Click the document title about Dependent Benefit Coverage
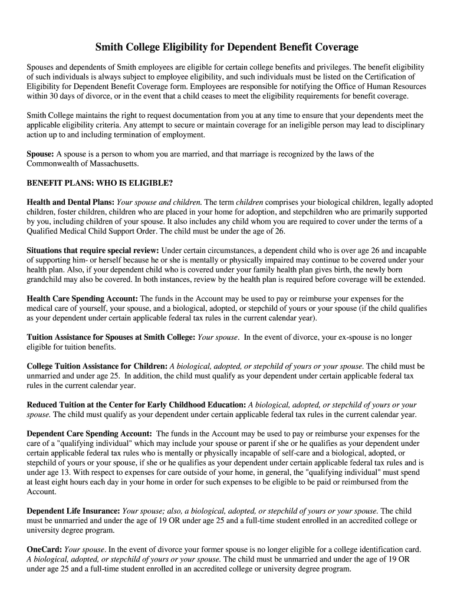pyautogui.click(x=227, y=47)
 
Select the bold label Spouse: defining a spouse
pyautogui.click(x=40, y=154)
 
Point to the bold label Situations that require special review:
pyautogui.click(x=93, y=250)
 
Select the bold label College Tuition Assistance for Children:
pyautogui.click(x=97, y=366)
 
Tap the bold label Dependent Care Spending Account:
pyautogui.click(x=90, y=434)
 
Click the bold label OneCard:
pyautogui.click(x=44, y=549)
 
